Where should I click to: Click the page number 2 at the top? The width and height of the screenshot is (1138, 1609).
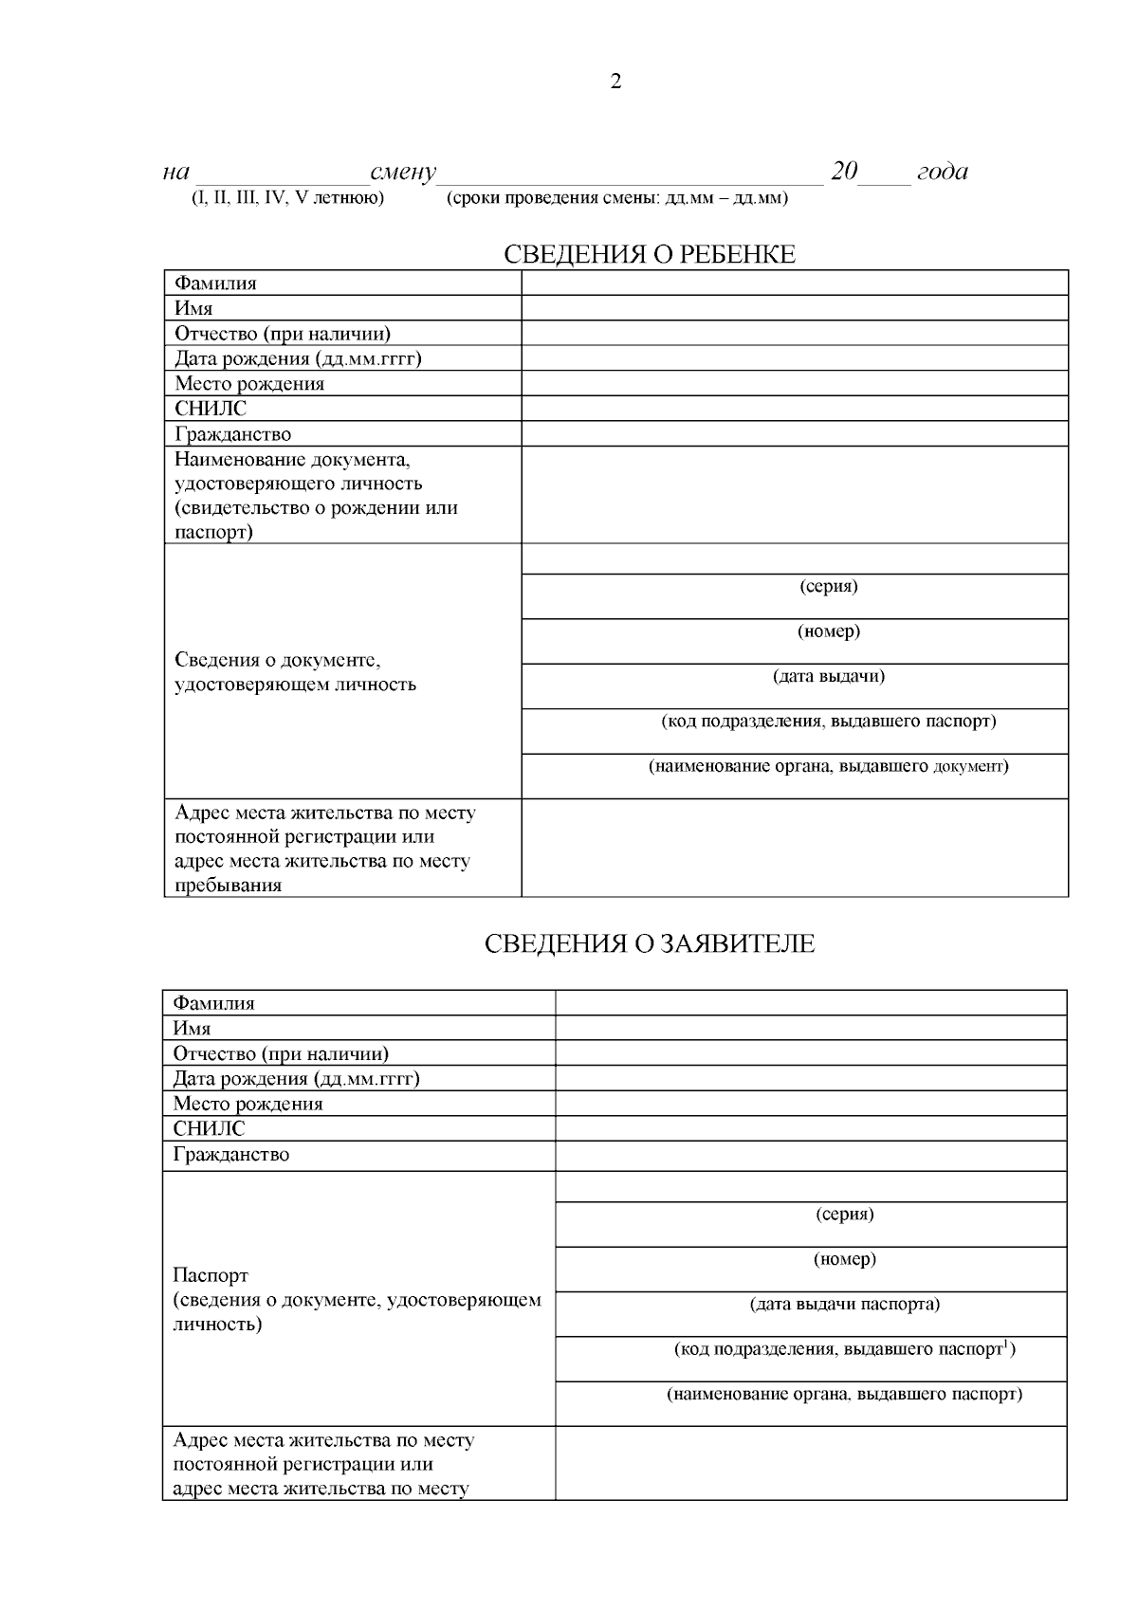(615, 82)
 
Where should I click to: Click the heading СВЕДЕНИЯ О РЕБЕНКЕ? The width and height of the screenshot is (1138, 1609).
(649, 254)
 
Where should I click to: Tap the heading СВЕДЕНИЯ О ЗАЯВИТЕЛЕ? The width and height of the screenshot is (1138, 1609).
(649, 943)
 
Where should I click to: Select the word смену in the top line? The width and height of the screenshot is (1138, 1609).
(403, 173)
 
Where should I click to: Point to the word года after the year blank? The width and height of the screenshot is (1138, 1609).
(942, 172)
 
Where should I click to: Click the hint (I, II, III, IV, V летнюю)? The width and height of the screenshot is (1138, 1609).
(287, 198)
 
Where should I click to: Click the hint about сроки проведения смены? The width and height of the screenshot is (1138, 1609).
(616, 198)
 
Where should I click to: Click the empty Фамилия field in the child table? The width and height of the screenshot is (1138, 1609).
(795, 283)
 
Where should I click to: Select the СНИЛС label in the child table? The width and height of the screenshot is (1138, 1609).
(211, 409)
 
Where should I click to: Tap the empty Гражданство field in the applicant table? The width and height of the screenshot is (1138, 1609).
(811, 1155)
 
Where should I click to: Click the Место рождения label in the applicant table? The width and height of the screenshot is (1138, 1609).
(248, 1104)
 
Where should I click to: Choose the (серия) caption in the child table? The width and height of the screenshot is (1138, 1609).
(829, 586)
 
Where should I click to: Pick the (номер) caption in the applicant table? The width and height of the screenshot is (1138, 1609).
(845, 1259)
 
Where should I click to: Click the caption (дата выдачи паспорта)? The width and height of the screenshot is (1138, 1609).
(845, 1304)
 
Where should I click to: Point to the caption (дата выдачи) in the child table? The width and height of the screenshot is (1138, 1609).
(829, 676)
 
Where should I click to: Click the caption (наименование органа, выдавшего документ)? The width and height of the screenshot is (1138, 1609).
(829, 766)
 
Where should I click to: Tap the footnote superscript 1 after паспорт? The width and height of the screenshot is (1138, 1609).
(1005, 1343)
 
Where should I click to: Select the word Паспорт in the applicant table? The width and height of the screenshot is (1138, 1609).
(211, 1275)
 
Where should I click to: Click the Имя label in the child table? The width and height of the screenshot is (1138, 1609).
(193, 308)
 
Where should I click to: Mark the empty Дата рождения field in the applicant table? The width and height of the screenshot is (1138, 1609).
(811, 1079)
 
